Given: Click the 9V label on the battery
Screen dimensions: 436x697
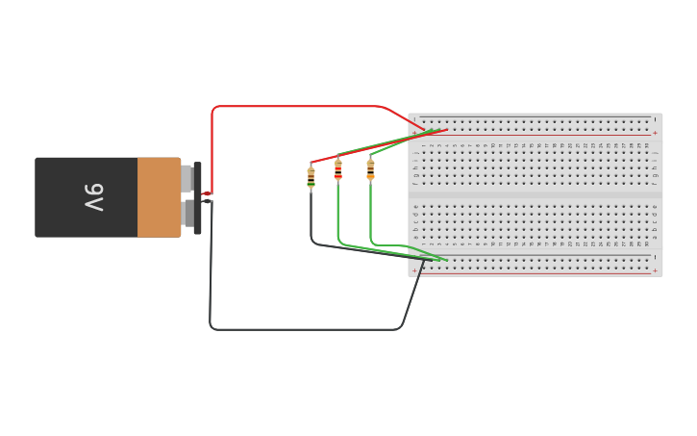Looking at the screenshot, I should click(93, 197).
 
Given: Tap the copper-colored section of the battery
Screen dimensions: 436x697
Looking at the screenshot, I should click(159, 197).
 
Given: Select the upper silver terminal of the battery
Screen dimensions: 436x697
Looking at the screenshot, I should click(187, 178).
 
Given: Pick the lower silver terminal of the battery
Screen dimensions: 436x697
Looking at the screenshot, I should click(187, 212).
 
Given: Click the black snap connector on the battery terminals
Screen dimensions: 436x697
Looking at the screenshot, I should click(198, 198).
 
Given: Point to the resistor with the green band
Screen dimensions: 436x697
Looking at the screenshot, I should click(311, 176).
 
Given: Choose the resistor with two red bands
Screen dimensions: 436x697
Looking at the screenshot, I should click(337, 170).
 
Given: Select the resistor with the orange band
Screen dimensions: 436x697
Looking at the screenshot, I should click(370, 169).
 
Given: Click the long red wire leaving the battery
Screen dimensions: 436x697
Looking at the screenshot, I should click(288, 106).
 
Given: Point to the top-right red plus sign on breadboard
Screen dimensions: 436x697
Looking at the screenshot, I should click(655, 133).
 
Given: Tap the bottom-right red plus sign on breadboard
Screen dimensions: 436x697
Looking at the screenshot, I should click(655, 270).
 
